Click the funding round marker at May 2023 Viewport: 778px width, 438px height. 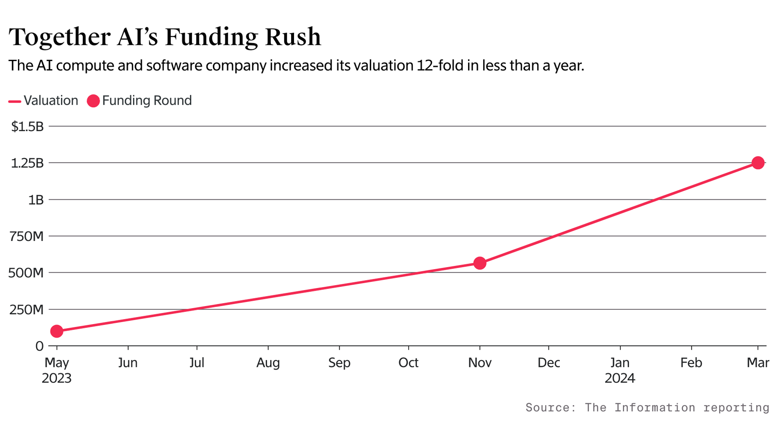56,331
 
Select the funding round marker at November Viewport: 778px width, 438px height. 480,263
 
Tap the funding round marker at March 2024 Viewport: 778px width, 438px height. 758,163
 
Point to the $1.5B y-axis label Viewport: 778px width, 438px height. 28,126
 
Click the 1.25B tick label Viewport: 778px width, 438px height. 27,163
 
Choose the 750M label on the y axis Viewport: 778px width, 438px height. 26,237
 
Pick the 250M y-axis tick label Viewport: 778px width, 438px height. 26,310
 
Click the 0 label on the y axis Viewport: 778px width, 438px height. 39,346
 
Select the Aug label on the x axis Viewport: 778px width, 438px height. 268,363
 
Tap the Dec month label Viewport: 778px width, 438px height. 548,363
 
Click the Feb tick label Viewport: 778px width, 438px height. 691,363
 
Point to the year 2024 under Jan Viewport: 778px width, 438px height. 620,379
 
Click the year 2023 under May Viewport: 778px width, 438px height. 56,379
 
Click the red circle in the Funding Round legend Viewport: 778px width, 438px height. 93,101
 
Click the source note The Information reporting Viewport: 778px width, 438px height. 647,407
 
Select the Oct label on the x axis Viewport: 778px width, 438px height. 408,363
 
